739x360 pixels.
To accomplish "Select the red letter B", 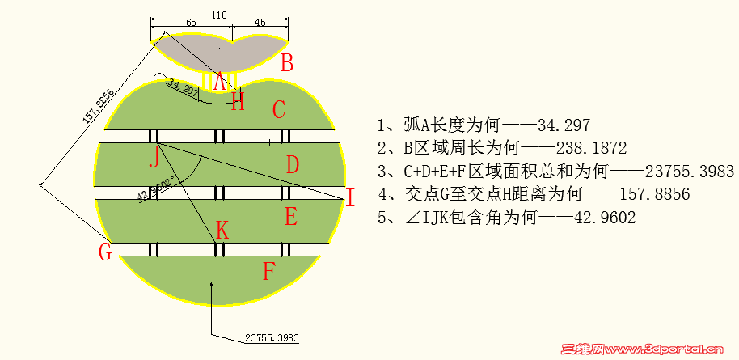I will tap(286, 63).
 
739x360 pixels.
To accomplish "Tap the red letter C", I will tap(279, 109).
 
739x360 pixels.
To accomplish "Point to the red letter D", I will tap(293, 165).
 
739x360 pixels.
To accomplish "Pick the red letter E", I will tap(291, 217).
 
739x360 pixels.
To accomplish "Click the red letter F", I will tap(269, 271).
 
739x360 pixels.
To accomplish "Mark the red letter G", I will tap(104, 252).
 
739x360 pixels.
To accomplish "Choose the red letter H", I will tap(238, 102).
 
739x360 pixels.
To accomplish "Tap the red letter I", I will tap(349, 197).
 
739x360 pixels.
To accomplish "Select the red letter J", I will tap(154, 156).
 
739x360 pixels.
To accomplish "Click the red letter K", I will tap(222, 231).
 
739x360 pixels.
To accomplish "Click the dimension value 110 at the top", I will tap(218, 15).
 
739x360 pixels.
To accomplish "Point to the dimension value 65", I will tap(191, 23).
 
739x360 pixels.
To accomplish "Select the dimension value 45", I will tap(260, 23).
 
